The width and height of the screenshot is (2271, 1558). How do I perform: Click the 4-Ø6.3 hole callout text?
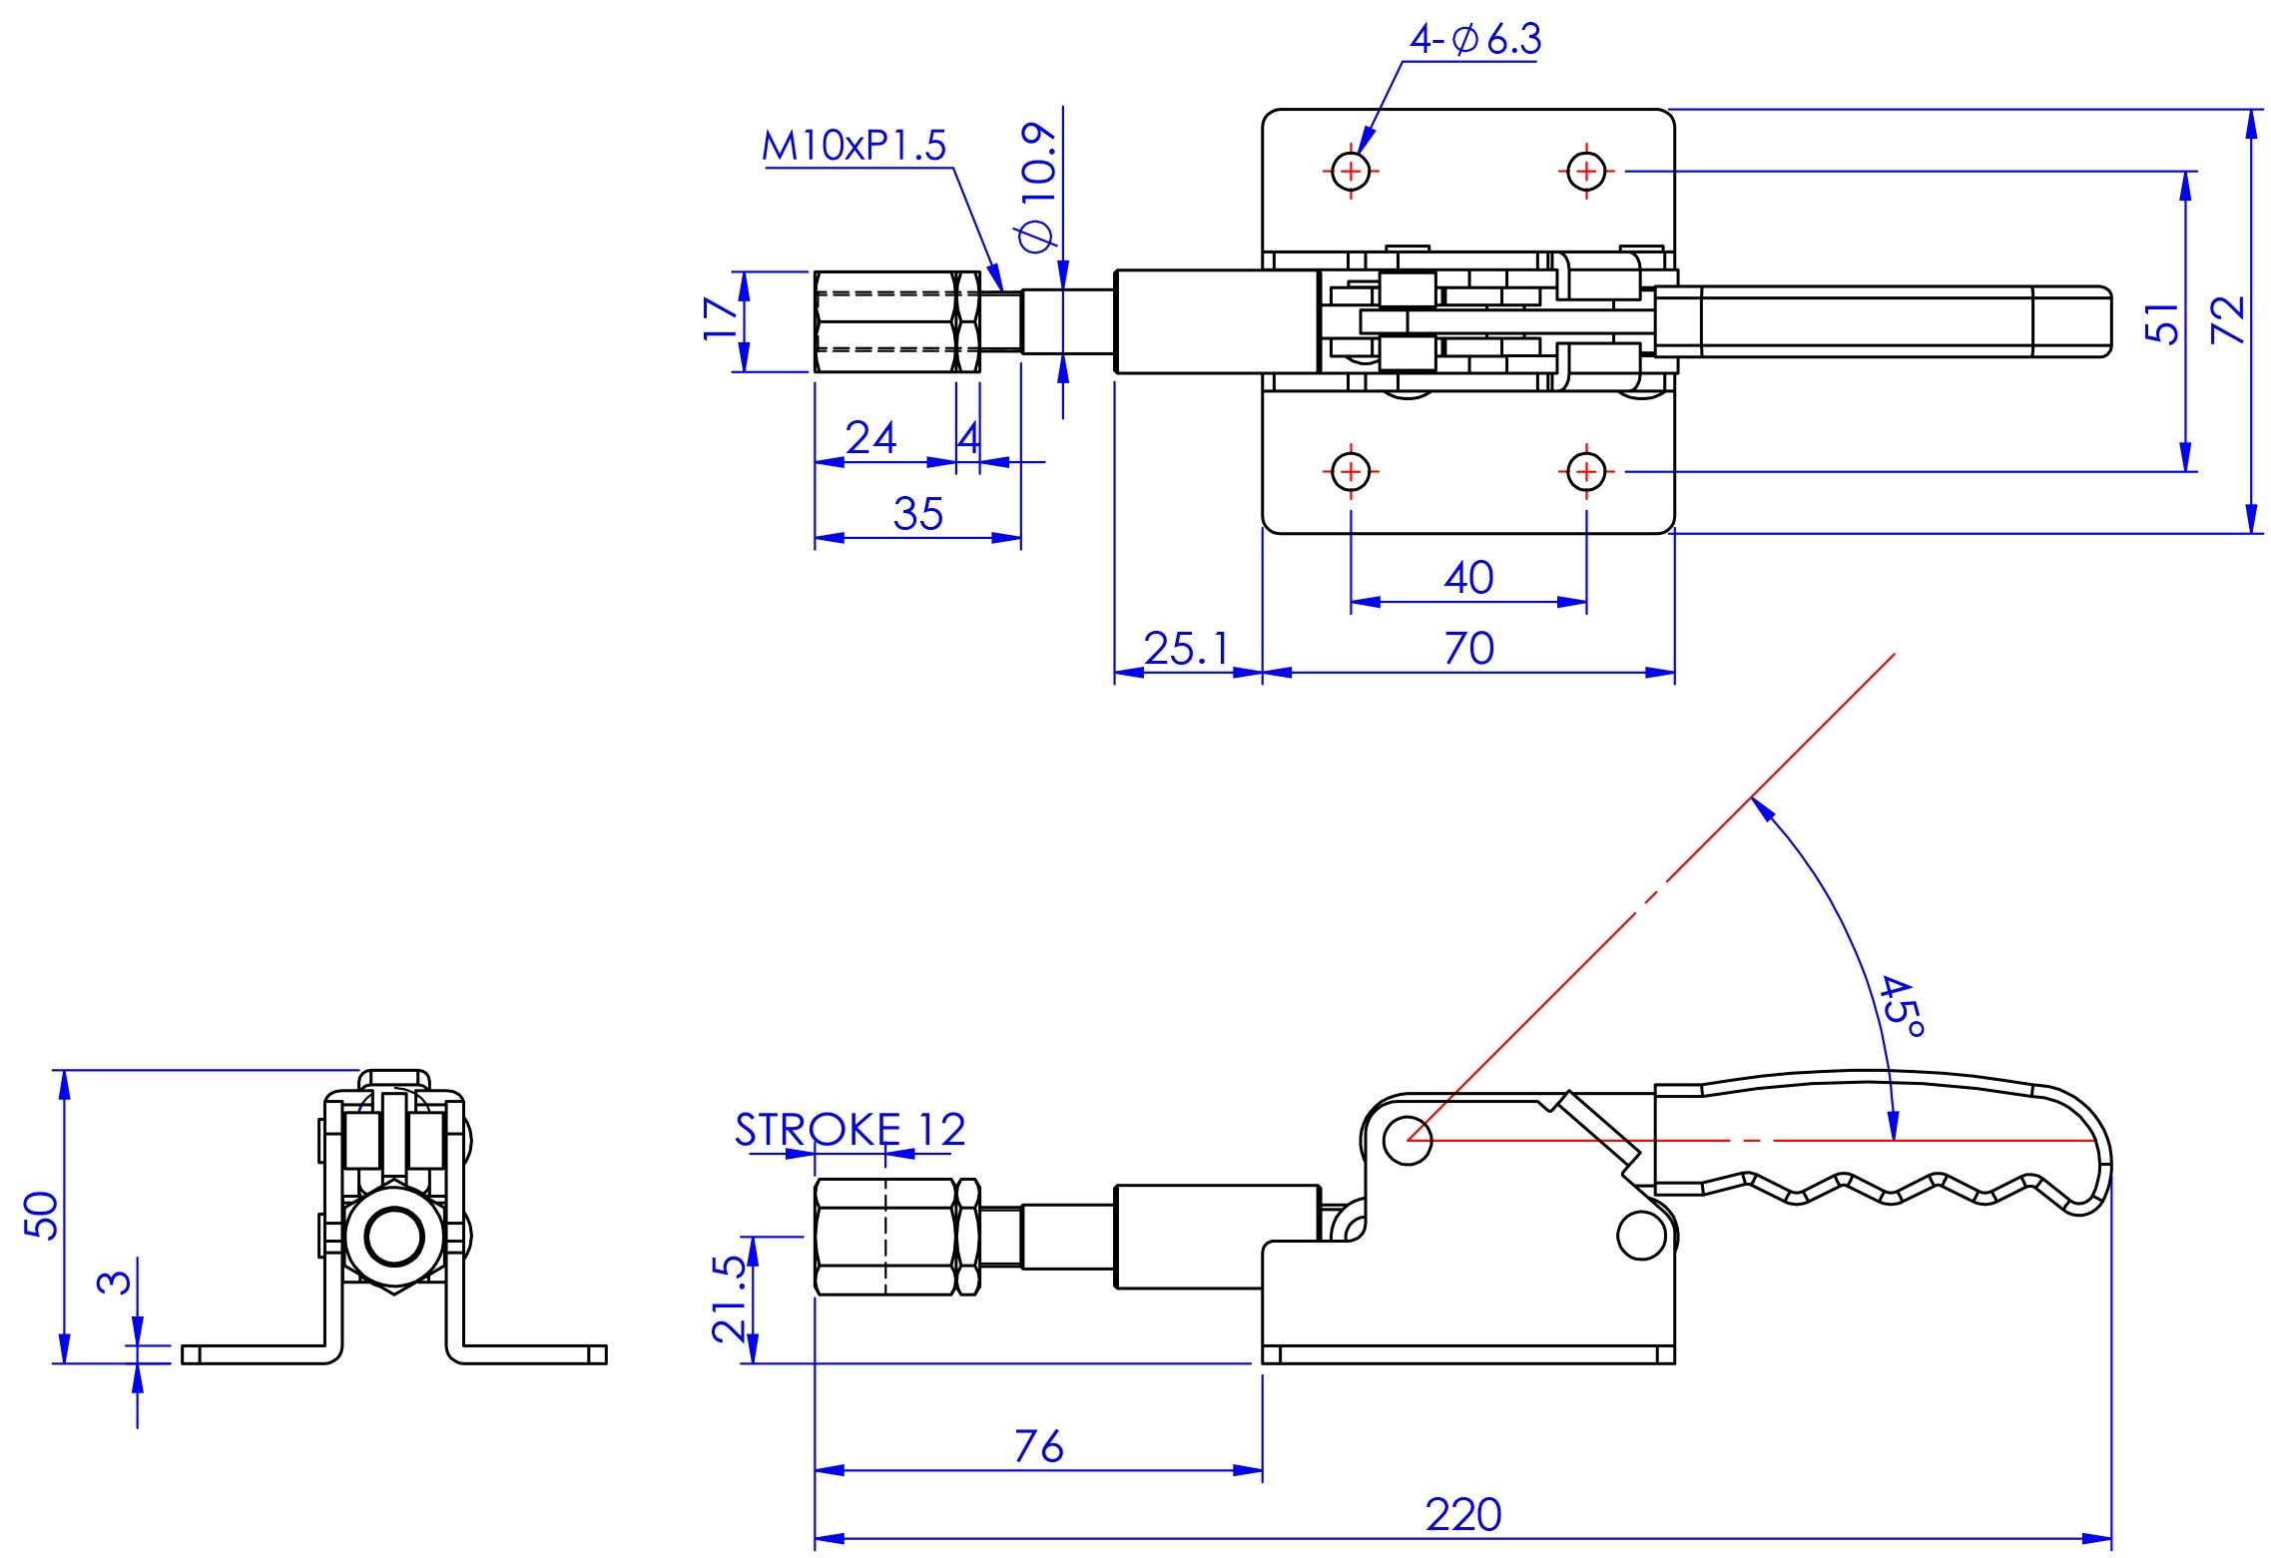coord(1474,40)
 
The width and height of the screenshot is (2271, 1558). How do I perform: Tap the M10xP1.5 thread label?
coord(853,147)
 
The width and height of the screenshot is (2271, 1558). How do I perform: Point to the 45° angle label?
coord(1900,1006)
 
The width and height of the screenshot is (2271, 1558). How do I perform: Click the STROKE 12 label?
coord(851,1130)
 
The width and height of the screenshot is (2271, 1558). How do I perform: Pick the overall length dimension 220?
coord(1462,1514)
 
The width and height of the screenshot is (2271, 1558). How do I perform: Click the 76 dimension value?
coord(1038,1446)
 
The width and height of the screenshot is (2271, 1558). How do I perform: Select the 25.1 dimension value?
coord(1187,649)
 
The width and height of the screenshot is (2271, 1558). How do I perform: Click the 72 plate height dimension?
coord(2227,320)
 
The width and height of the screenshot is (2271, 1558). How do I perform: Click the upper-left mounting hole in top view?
coord(1351,172)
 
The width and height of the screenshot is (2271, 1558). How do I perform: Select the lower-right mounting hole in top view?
coord(1586,471)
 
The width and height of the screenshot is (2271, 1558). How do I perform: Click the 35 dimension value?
coord(917,514)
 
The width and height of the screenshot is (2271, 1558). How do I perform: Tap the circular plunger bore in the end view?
coord(395,1239)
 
